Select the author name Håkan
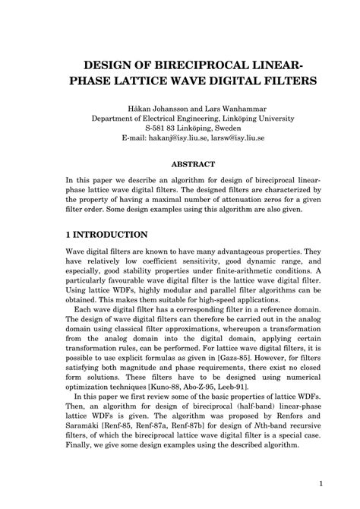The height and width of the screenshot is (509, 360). click(143, 107)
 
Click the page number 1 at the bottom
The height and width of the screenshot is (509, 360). click(322, 483)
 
